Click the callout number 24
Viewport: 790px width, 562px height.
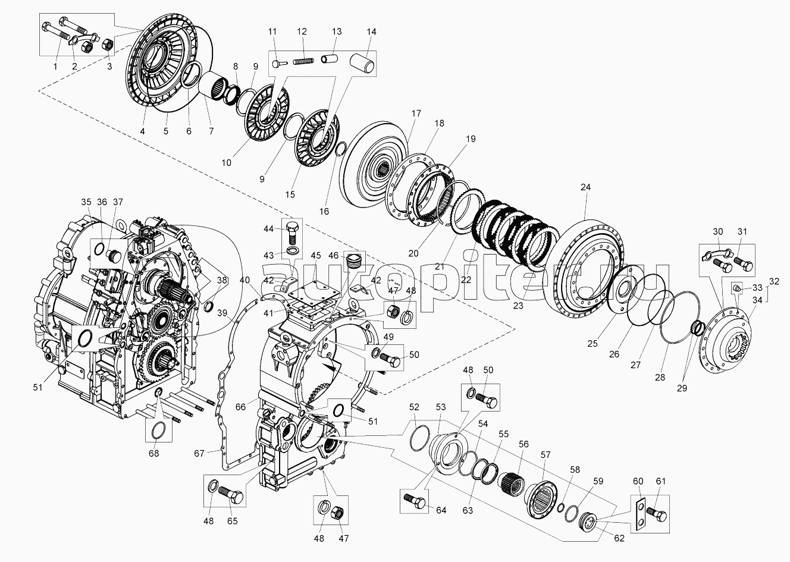click(x=585, y=187)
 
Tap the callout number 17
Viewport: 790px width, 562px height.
click(x=416, y=114)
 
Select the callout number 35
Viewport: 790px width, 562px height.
click(x=86, y=202)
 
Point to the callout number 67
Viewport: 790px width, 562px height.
click(x=199, y=453)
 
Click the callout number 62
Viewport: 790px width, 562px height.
click(x=619, y=538)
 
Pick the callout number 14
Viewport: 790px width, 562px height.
click(x=371, y=32)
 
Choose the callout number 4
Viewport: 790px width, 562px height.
click(x=142, y=131)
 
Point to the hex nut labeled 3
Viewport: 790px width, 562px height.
click(x=106, y=45)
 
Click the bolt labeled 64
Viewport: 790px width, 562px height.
click(x=415, y=501)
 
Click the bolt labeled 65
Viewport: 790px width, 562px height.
click(x=230, y=494)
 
